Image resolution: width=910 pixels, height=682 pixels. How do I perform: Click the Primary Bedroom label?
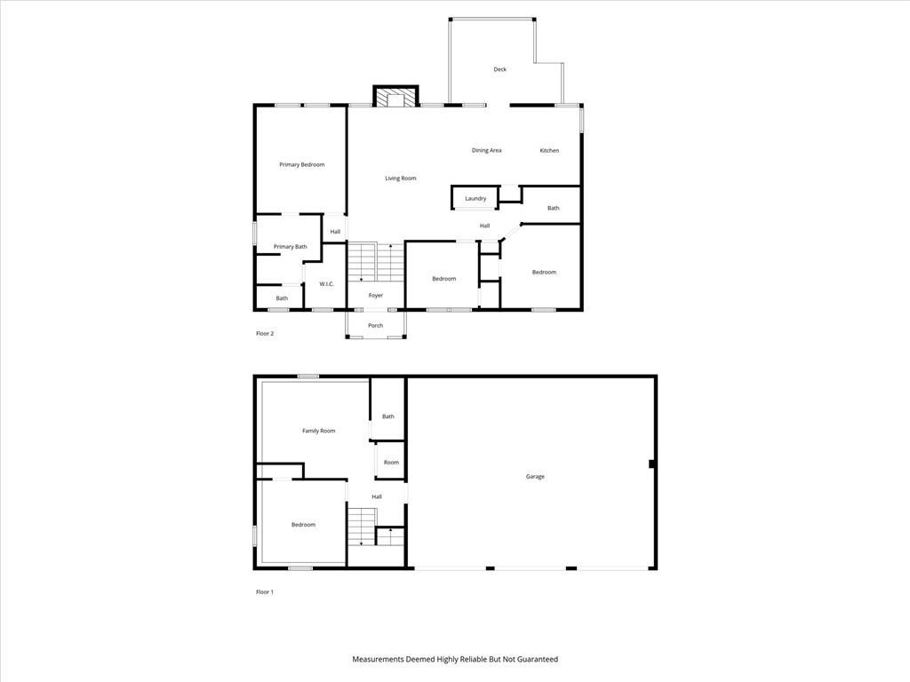coord(302,164)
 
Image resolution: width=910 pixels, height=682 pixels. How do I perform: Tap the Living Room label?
coord(401,178)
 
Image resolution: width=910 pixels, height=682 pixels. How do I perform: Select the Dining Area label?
coord(486,150)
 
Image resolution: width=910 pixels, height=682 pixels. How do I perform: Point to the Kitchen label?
coord(549,150)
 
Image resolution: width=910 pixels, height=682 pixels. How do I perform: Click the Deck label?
coord(499,69)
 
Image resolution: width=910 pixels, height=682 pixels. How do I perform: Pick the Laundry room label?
coord(475,198)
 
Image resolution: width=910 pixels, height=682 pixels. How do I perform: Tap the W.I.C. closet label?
coord(327,283)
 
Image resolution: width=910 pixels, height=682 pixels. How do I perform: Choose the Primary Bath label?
coord(291,247)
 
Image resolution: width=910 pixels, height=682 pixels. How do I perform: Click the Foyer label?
coord(376,295)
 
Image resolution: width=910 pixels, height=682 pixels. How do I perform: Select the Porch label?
coord(376,325)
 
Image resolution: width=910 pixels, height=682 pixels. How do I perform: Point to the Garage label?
coord(535,477)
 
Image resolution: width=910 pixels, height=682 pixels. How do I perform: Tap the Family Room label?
coord(319,431)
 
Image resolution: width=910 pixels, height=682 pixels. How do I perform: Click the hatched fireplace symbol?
coord(395,97)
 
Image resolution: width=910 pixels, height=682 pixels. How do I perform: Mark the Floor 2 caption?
coord(265,334)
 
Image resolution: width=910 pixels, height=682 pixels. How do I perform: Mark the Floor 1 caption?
coord(265,592)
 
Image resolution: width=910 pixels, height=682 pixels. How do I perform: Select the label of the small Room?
coord(391,462)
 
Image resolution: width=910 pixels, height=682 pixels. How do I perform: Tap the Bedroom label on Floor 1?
coord(304,525)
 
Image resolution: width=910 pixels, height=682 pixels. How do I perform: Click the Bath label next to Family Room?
coord(388,416)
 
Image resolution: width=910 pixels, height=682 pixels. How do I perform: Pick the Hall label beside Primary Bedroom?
coord(335,232)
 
